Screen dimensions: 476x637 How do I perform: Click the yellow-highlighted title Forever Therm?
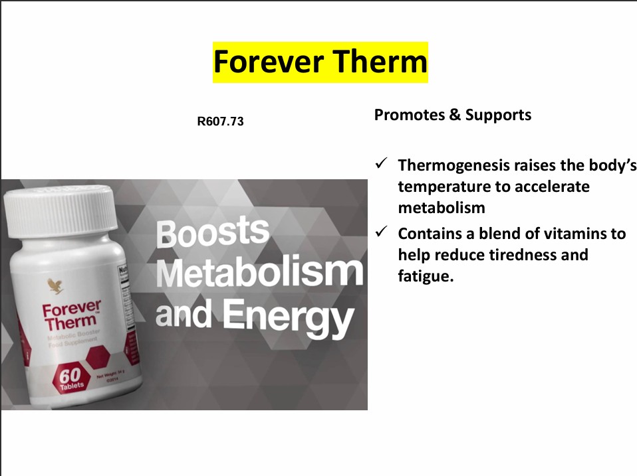pyautogui.click(x=320, y=62)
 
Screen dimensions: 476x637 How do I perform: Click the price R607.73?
pyautogui.click(x=220, y=122)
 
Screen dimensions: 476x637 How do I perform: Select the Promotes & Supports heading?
pyautogui.click(x=452, y=115)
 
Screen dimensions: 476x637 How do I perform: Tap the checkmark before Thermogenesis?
pyautogui.click(x=382, y=164)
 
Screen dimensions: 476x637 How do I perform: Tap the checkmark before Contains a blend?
pyautogui.click(x=382, y=233)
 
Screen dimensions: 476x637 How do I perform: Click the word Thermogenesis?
pyautogui.click(x=455, y=165)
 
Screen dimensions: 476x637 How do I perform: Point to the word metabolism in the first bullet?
pyautogui.click(x=442, y=207)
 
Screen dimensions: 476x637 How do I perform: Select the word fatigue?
pyautogui.click(x=426, y=276)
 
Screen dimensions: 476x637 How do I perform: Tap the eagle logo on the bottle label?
pyautogui.click(x=53, y=286)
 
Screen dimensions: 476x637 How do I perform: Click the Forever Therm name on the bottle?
pyautogui.click(x=71, y=316)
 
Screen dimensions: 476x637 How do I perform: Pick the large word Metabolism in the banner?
pyautogui.click(x=260, y=272)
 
